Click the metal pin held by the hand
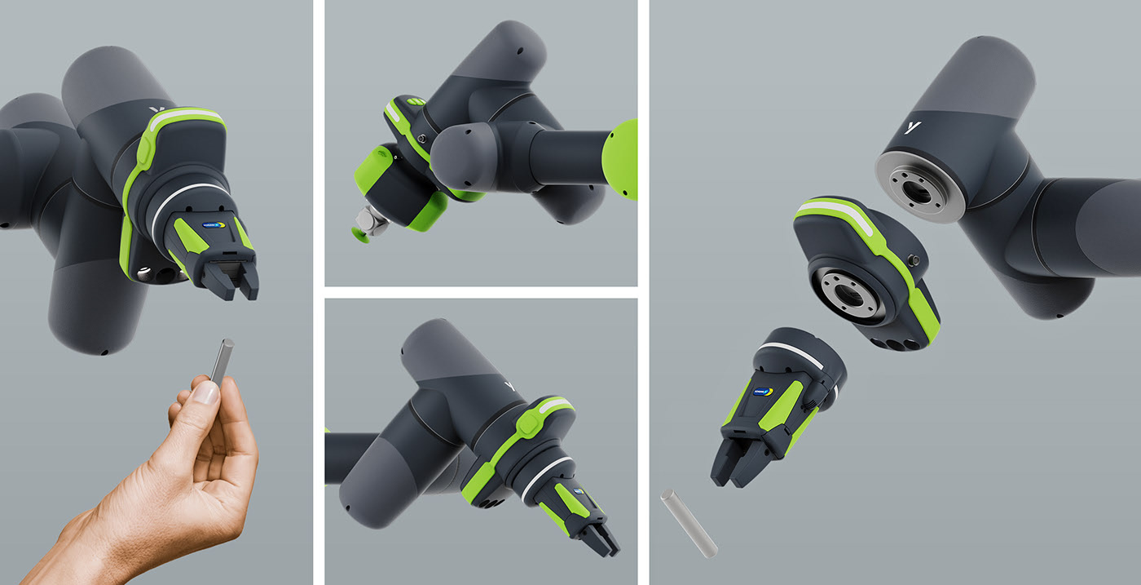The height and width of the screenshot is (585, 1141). click(222, 360)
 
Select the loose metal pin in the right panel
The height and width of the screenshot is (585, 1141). click(688, 522)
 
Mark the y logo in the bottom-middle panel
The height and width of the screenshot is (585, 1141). click(511, 385)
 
